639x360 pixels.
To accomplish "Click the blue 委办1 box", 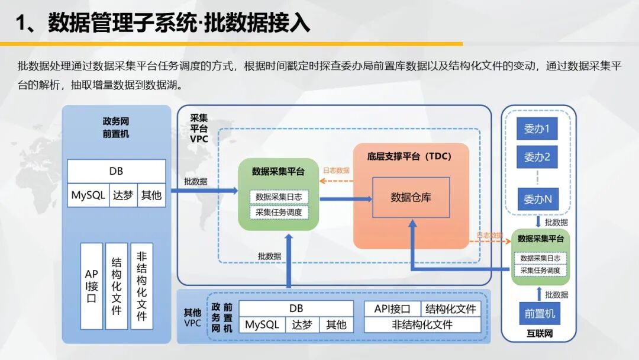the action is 537,129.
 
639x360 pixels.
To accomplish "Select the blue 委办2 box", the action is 537,157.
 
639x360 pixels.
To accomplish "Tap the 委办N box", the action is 538,199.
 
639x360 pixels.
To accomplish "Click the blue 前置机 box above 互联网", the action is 540,313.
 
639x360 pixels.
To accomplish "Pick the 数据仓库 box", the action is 411,197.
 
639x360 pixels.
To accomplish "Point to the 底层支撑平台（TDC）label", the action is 409,156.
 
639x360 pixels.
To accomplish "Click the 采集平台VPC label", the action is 199,128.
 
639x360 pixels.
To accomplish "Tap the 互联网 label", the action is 540,333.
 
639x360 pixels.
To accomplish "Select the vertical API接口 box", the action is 92,286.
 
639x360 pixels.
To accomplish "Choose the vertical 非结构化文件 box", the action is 142,286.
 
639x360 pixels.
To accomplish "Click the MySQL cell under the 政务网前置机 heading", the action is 88,195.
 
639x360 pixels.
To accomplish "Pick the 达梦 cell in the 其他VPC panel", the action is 302,325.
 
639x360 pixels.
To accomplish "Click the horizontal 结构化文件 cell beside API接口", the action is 451,309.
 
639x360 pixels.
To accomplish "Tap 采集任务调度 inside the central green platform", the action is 279,213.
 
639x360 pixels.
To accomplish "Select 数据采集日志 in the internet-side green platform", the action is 540,258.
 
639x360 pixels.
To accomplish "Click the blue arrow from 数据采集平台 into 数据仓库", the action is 346,199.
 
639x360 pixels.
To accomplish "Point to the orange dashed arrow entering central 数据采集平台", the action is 336,181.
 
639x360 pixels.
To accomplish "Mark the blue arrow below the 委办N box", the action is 538,221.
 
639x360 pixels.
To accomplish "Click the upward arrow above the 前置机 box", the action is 539,294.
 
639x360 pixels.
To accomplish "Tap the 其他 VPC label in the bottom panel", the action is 192,317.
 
